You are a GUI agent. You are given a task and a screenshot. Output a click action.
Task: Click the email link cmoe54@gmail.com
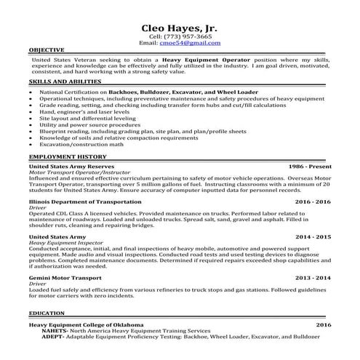click(190, 43)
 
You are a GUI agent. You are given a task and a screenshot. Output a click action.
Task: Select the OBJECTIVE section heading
click(47, 50)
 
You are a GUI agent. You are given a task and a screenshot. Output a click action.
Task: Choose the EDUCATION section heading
click(48, 313)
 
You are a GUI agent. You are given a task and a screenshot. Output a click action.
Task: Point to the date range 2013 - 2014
click(313, 278)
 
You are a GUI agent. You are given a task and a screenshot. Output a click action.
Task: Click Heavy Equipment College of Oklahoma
click(86, 324)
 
